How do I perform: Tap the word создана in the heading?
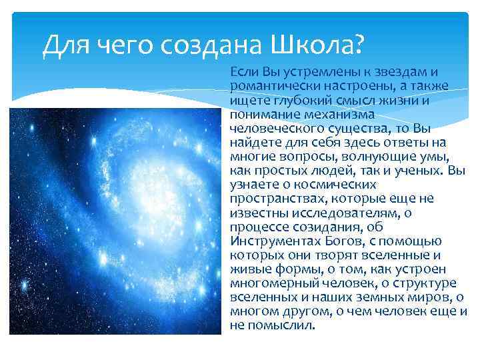point(211,45)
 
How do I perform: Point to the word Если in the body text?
point(243,71)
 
